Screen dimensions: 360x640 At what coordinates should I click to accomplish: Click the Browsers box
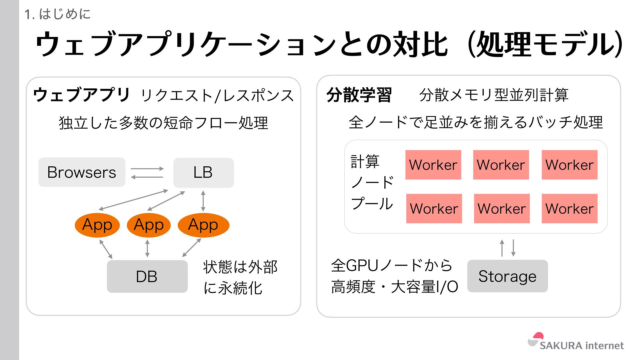(x=82, y=172)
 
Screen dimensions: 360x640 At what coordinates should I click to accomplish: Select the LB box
(x=203, y=172)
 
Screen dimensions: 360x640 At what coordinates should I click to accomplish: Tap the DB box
(x=147, y=276)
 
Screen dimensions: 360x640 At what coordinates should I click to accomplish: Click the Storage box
(x=507, y=276)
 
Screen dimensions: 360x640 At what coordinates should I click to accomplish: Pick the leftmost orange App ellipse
(x=97, y=225)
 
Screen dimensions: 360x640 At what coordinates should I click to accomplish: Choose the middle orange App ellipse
(x=149, y=225)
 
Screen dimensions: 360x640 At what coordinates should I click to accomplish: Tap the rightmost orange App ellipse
(x=203, y=225)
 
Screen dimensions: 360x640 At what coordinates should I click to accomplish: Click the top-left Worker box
(x=433, y=165)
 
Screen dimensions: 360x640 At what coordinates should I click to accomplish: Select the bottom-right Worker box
(x=569, y=208)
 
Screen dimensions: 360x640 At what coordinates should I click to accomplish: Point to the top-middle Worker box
(x=501, y=165)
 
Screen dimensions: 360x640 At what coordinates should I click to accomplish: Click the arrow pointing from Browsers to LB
(x=147, y=169)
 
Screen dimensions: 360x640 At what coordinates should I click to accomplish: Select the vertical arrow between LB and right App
(x=203, y=201)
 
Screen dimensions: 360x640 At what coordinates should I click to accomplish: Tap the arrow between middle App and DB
(x=147, y=248)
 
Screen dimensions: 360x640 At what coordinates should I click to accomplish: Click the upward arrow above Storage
(x=502, y=248)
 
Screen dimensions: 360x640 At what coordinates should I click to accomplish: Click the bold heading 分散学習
(x=359, y=95)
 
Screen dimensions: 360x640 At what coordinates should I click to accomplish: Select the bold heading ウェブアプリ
(x=81, y=95)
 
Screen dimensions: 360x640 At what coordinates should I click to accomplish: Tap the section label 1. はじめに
(x=57, y=14)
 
